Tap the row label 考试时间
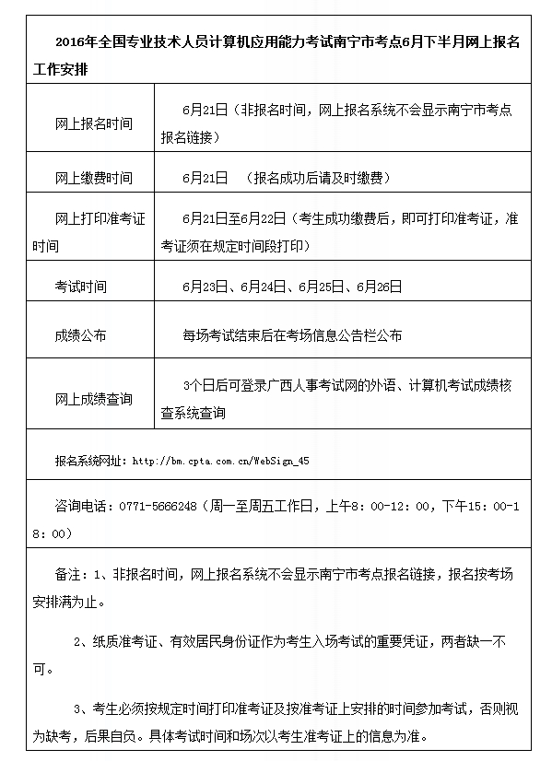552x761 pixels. tap(80, 287)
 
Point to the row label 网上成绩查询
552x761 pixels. tap(93, 399)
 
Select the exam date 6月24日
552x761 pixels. tap(261, 287)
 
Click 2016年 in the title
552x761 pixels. tap(72, 41)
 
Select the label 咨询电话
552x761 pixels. tap(80, 507)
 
